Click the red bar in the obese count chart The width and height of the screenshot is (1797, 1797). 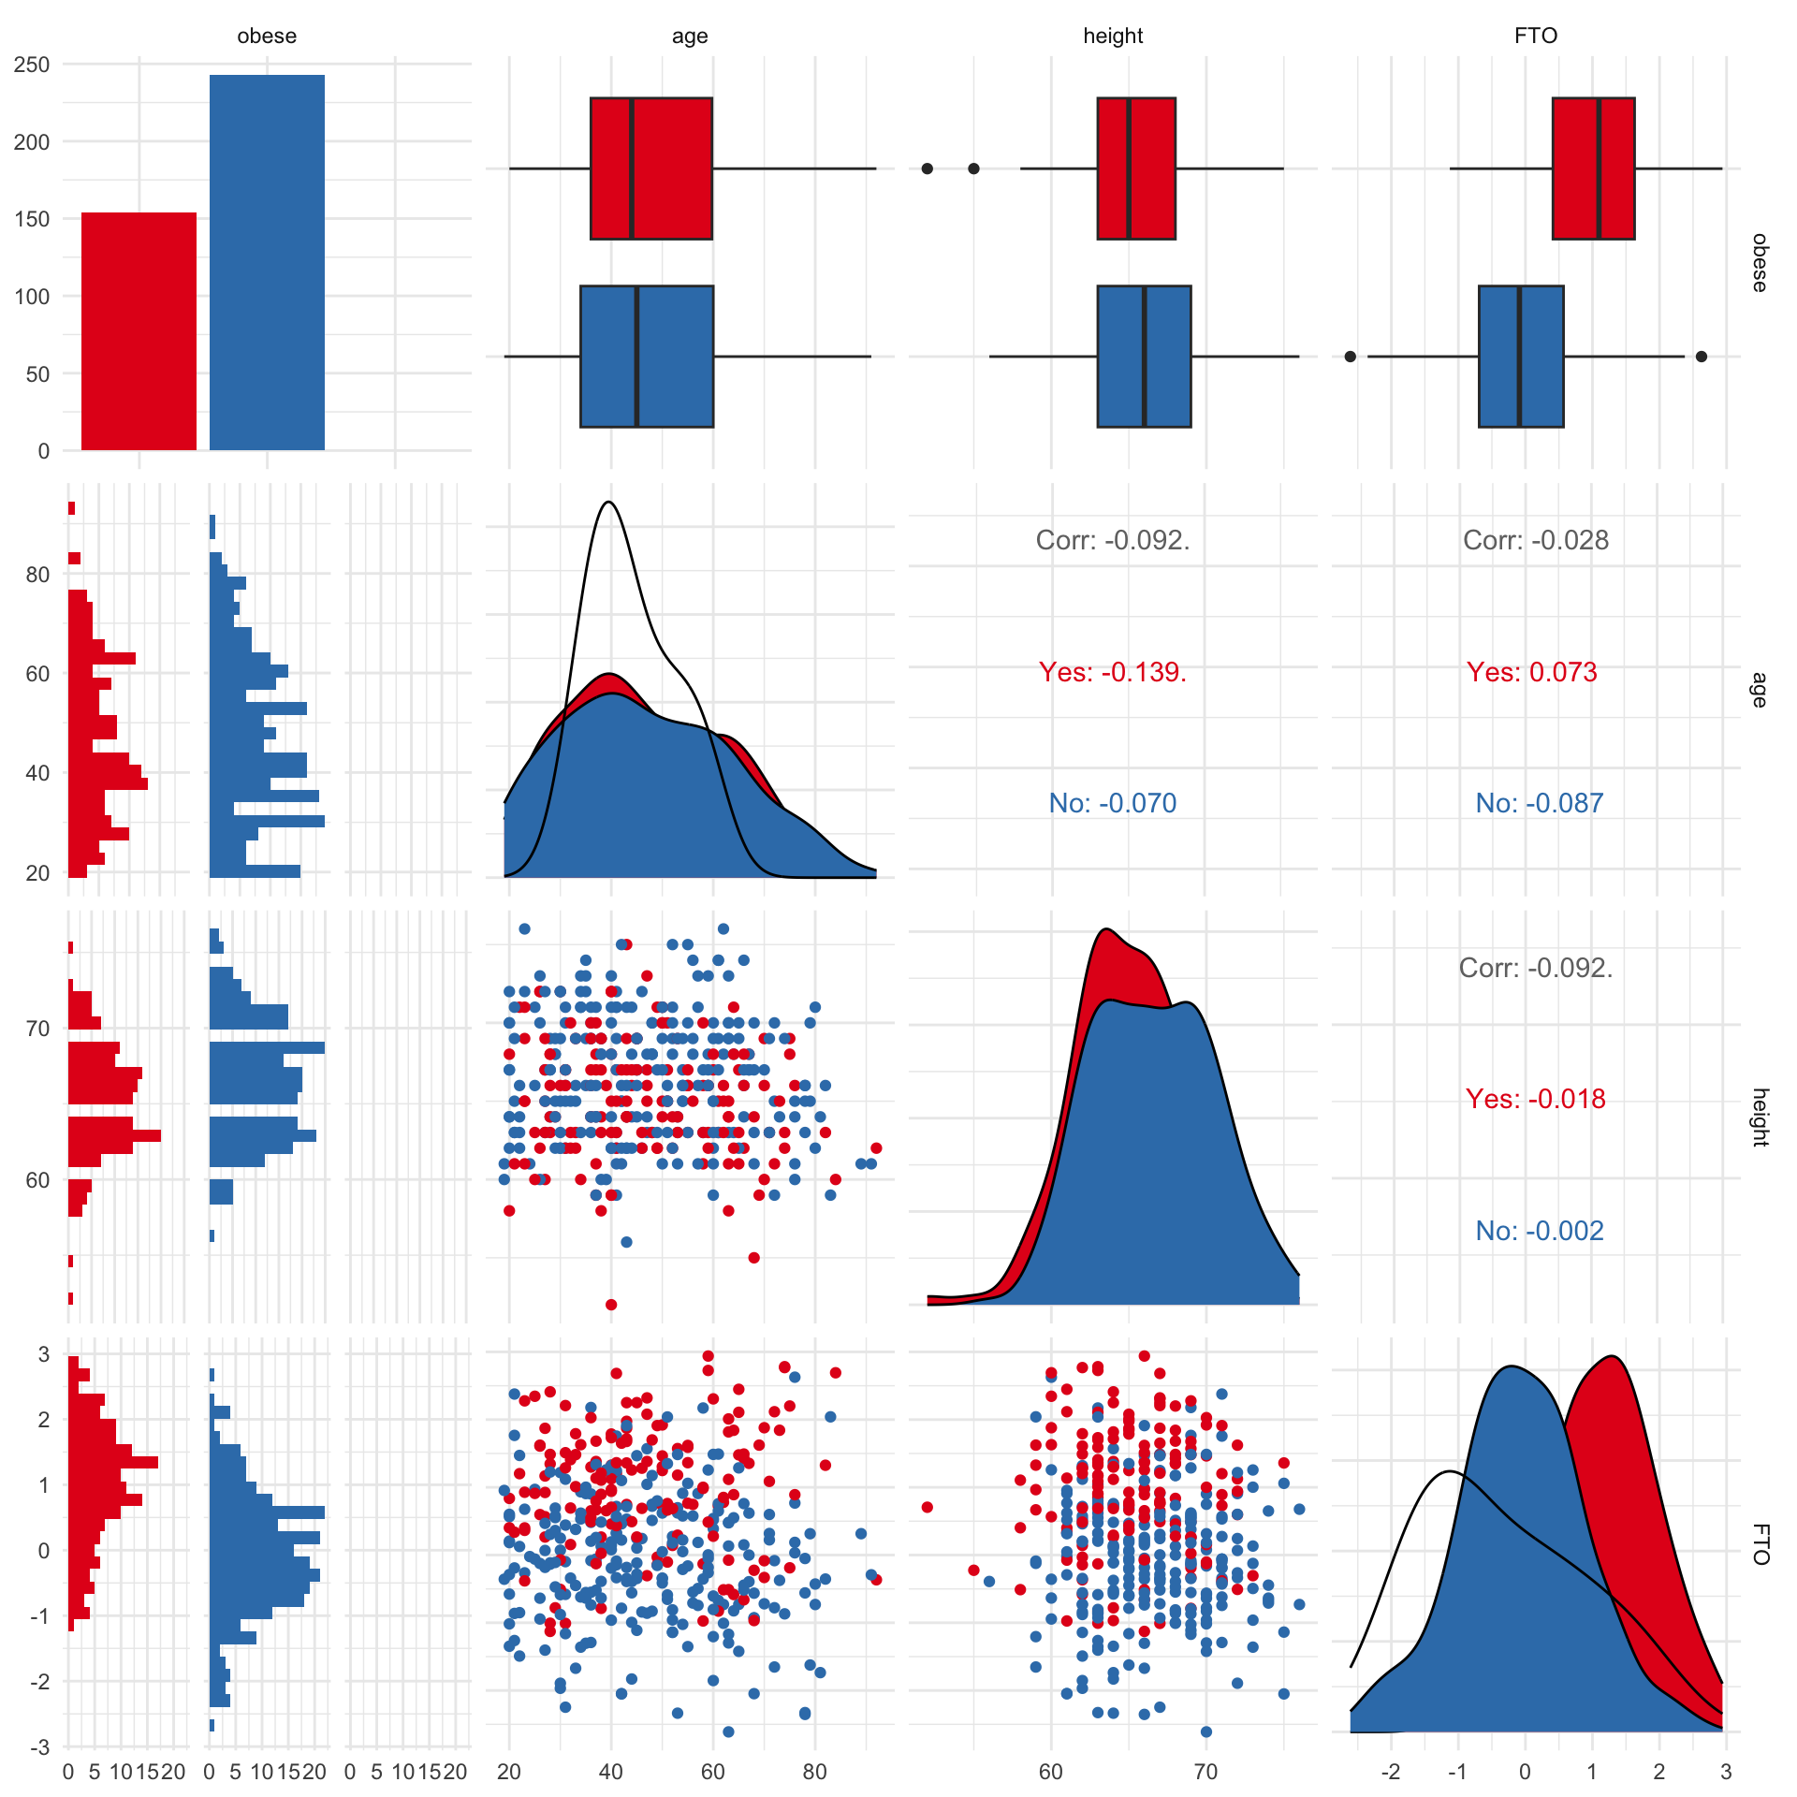tap(139, 331)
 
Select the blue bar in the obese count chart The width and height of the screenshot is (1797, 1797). tap(267, 262)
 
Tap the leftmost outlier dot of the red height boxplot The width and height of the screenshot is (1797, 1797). tap(927, 168)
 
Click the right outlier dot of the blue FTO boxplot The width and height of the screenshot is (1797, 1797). tap(1702, 357)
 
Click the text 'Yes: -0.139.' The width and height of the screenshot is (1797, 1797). tap(1113, 672)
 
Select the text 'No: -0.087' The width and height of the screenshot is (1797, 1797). tap(1540, 803)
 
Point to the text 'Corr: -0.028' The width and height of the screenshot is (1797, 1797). tap(1536, 540)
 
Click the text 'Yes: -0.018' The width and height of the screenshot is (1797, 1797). tap(1536, 1099)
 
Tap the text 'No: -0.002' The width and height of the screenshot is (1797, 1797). tap(1540, 1231)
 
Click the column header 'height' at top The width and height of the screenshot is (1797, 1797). tap(1113, 36)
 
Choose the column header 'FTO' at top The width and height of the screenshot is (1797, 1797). tap(1536, 36)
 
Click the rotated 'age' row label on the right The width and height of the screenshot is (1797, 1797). tap(1760, 690)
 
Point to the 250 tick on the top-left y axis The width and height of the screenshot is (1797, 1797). tap(32, 65)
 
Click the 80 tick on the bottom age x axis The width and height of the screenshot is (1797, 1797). tap(814, 1772)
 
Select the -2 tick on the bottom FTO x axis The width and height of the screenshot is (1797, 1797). tap(1391, 1772)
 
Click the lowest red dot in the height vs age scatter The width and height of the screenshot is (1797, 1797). tap(611, 1305)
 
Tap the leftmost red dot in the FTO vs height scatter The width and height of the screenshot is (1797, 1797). tap(927, 1507)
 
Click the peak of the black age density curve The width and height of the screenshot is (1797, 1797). tap(609, 502)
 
